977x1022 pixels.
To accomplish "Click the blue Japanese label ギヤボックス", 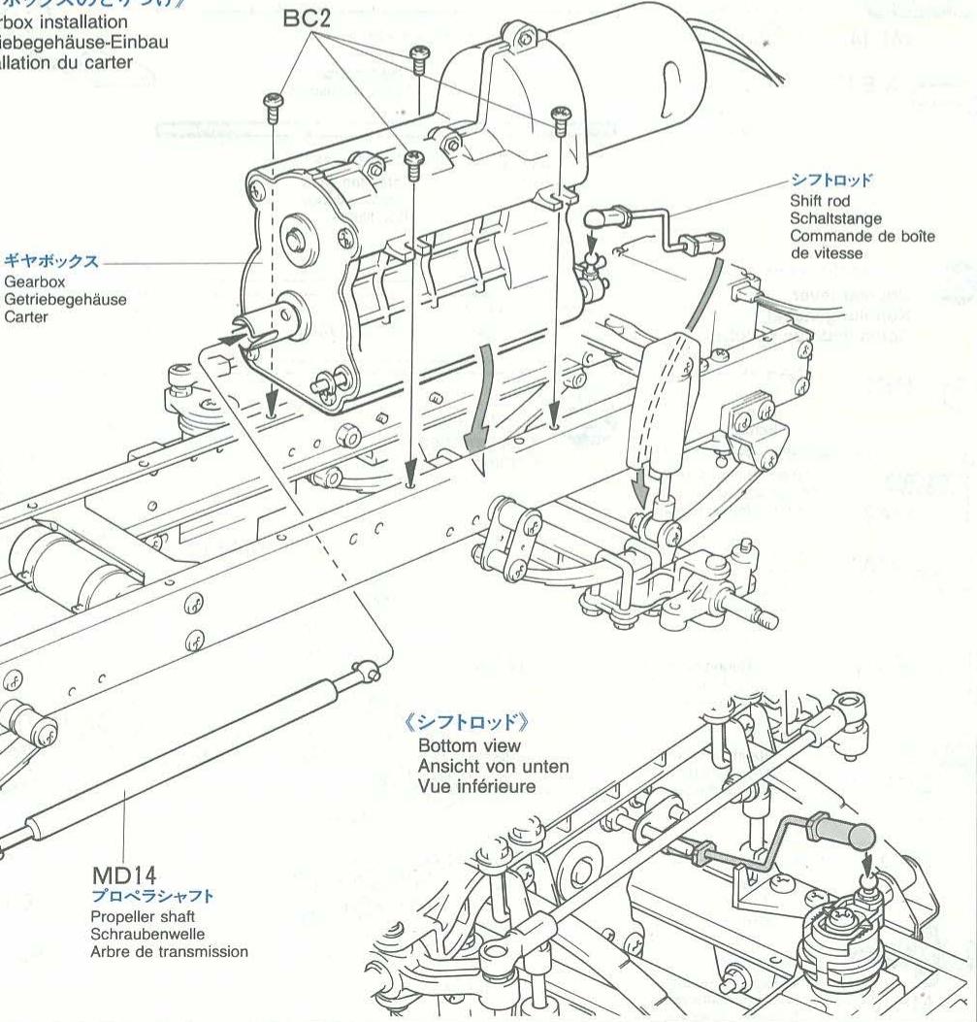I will click(x=52, y=262).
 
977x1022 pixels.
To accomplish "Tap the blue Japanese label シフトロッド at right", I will click(x=831, y=181).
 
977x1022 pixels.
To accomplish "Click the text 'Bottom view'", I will click(x=470, y=745).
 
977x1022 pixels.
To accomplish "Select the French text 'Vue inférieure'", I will click(x=476, y=785).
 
